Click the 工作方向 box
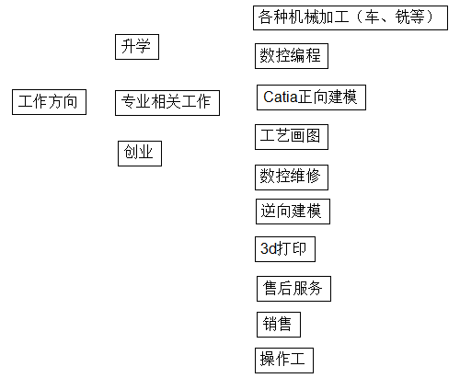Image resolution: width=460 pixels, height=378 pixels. tap(49, 102)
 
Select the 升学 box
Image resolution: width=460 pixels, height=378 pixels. tap(137, 47)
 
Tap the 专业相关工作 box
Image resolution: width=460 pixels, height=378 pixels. tap(167, 103)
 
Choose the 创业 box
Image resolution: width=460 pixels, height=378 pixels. tap(140, 154)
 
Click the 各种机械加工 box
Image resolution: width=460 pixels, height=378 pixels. tap(351, 17)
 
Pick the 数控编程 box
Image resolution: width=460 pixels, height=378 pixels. tap(292, 56)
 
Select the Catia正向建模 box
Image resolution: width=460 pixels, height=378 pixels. tap(311, 97)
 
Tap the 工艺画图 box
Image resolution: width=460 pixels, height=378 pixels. tap(292, 137)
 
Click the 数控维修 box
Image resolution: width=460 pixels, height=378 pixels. tap(292, 178)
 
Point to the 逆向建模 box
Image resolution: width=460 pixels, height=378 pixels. tap(293, 212)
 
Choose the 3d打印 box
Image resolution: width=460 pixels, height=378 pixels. tap(285, 249)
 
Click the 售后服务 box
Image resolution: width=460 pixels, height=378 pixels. tap(293, 289)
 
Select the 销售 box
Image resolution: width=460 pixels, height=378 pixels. tap(279, 325)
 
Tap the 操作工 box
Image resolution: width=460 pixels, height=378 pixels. tap(284, 361)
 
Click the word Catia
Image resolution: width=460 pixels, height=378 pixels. tap(281, 97)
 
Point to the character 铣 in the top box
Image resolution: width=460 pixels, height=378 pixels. tap(402, 17)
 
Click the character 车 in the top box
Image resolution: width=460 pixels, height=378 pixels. tap(372, 17)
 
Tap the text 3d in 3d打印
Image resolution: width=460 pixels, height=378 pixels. tap(269, 248)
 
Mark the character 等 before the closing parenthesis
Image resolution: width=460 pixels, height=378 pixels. tap(417, 17)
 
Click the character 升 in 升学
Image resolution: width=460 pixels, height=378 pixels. tap(128, 46)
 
